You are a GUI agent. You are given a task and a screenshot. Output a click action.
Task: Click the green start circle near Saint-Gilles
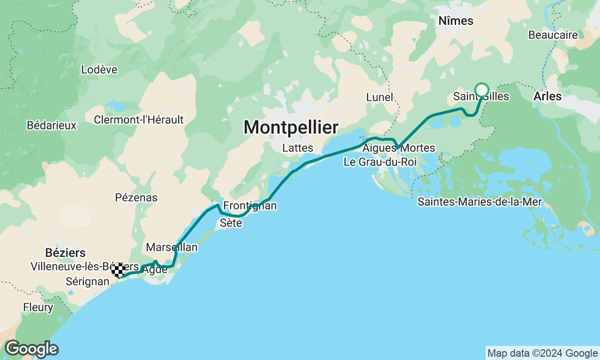click(482, 90)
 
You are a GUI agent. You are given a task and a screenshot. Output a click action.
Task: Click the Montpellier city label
click(291, 127)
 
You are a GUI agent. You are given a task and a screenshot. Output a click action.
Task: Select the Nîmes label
click(456, 21)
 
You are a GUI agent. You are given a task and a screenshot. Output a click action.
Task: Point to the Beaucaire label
click(553, 35)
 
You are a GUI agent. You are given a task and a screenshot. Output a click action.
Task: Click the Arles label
click(547, 97)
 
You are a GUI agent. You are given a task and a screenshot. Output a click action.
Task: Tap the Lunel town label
click(380, 97)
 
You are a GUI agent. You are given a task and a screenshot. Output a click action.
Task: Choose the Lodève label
click(99, 70)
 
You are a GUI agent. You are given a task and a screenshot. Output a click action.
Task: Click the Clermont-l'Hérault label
click(139, 120)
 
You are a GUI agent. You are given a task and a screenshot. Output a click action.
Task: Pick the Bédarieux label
click(52, 125)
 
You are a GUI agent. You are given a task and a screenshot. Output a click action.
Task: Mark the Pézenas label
click(136, 197)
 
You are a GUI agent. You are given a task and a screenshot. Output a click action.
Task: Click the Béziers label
click(66, 253)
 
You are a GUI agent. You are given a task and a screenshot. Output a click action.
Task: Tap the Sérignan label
click(87, 282)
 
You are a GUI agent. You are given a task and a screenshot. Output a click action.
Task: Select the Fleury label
click(38, 307)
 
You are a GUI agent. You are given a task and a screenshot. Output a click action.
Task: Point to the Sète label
click(231, 223)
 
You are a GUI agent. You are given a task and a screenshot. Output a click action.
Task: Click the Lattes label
click(298, 148)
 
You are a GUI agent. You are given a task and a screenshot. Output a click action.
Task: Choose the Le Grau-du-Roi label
click(380, 162)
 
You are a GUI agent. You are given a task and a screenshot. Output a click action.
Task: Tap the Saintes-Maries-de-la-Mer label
click(480, 202)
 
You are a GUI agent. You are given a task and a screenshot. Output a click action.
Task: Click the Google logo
click(31, 349)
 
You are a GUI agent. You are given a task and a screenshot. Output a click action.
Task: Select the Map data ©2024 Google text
click(542, 353)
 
